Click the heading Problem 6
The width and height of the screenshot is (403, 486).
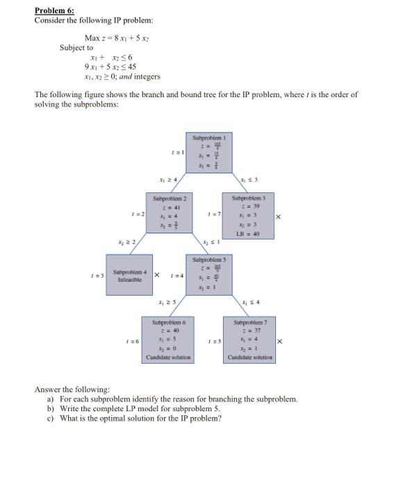[54, 11]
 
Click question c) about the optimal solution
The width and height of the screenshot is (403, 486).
[133, 417]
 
